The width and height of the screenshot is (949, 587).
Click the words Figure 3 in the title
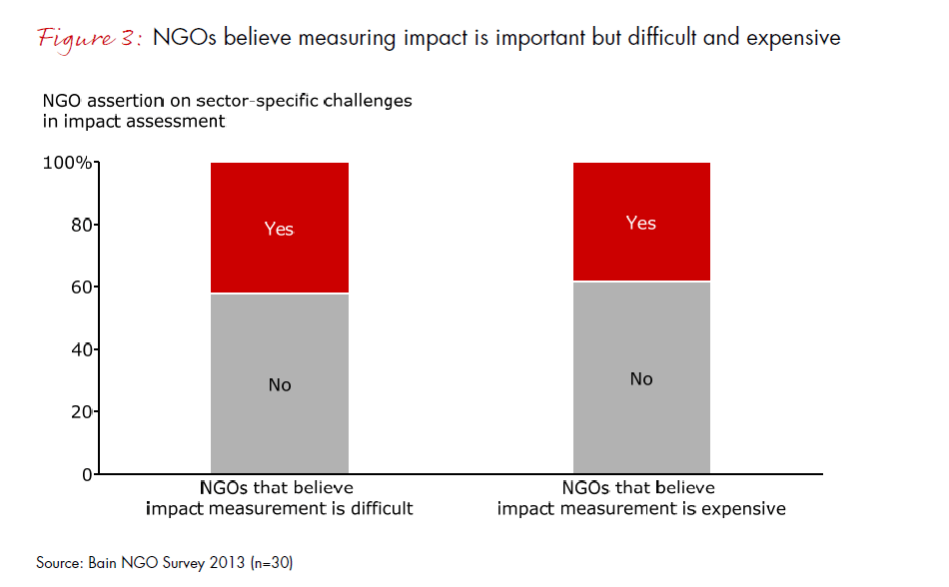[x=93, y=38]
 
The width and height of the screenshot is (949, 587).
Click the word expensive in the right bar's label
[x=742, y=508]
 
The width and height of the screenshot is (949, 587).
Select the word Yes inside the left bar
[x=280, y=229]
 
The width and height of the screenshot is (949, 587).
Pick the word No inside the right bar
[x=641, y=378]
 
